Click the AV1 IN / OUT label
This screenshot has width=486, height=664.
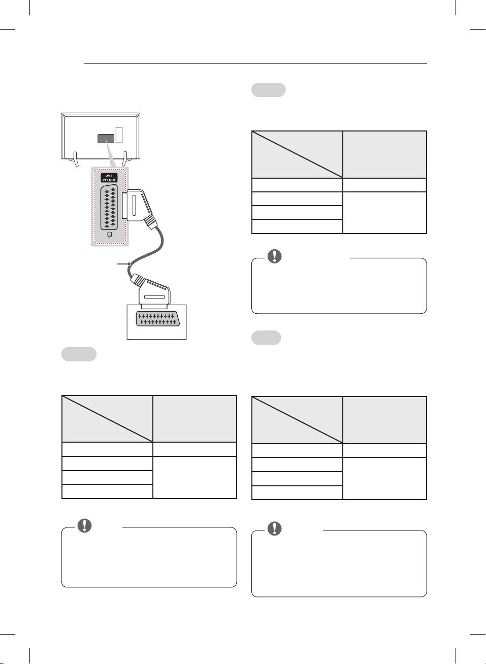pos(109,178)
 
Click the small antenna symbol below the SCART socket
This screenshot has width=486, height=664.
pos(109,236)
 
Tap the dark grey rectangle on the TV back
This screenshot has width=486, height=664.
pos(105,138)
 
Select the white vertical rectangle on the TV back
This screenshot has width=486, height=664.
pos(119,135)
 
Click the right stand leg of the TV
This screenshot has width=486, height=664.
pos(124,159)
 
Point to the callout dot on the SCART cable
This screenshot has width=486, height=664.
pos(131,264)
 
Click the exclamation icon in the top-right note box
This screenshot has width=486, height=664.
pos(274,256)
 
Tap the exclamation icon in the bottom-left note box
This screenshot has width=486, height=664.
pos(84,525)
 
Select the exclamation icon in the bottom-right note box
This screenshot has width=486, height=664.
pos(274,528)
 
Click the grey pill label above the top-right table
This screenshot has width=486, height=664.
pos(268,90)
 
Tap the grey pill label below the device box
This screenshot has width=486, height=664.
pos(79,354)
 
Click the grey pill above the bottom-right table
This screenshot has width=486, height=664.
pos(266,338)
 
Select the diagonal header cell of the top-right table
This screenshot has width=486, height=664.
pos(297,154)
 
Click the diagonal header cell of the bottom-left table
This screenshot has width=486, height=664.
pos(107,419)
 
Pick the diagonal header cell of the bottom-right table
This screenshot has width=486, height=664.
pos(297,420)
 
